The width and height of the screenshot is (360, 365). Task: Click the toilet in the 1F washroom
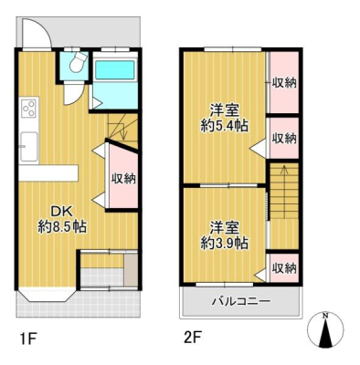point(77,62)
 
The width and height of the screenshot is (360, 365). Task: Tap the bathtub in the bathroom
point(115,70)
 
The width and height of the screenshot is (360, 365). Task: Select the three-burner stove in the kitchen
point(29,109)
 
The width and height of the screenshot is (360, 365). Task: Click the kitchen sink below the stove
point(29,147)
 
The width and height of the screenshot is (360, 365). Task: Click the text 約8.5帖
point(62,226)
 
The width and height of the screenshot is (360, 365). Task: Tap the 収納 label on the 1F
point(123,179)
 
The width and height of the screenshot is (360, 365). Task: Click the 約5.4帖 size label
point(224,125)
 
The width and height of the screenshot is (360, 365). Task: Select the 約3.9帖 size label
point(224,243)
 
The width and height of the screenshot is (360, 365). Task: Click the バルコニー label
point(241,302)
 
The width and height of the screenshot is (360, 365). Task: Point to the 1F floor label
point(28,338)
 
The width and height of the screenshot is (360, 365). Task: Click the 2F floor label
point(191,338)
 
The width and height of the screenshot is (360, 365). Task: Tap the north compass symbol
point(325,329)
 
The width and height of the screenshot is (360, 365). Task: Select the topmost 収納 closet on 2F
point(284,83)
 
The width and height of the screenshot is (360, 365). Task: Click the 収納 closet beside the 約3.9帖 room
point(284,268)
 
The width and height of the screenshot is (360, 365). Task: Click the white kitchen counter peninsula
point(48,173)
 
